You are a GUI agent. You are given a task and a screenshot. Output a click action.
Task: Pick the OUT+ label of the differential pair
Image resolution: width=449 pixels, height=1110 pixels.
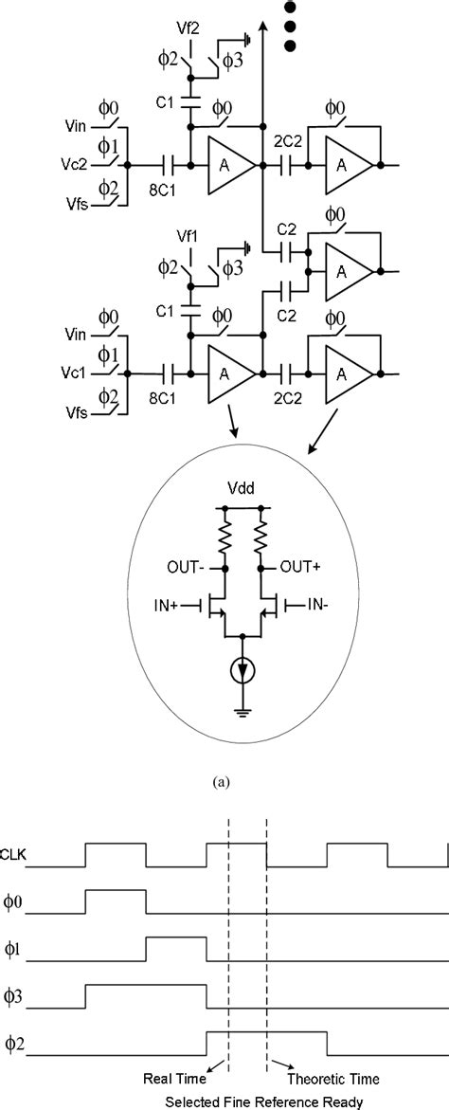point(299,570)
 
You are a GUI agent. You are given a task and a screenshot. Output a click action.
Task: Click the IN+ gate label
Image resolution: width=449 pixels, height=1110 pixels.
point(171,603)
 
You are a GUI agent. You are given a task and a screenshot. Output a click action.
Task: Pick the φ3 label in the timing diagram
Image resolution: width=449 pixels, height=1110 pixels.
point(13,996)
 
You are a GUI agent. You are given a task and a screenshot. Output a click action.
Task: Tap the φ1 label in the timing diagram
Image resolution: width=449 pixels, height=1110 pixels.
point(13,949)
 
